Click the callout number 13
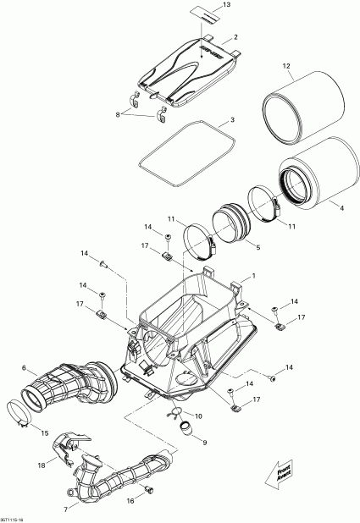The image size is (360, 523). tap(226, 6)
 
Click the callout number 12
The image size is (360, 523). tap(287, 66)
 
